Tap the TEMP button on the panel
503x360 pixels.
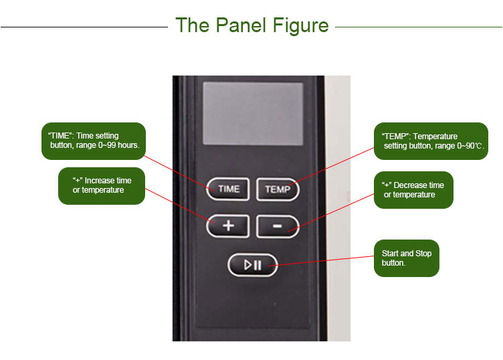pyautogui.click(x=278, y=189)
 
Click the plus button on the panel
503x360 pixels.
pyautogui.click(x=228, y=226)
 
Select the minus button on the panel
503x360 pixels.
pyautogui.click(x=278, y=226)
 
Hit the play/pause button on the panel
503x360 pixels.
pyautogui.click(x=253, y=265)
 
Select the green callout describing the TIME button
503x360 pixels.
pyautogui.click(x=93, y=141)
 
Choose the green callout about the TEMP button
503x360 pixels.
pyautogui.click(x=431, y=141)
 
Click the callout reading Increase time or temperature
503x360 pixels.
pyautogui.click(x=102, y=185)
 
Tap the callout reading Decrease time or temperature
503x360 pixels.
pyautogui.click(x=413, y=190)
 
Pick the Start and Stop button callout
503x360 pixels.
pyautogui.click(x=406, y=258)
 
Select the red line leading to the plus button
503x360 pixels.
pyautogui.click(x=177, y=204)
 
